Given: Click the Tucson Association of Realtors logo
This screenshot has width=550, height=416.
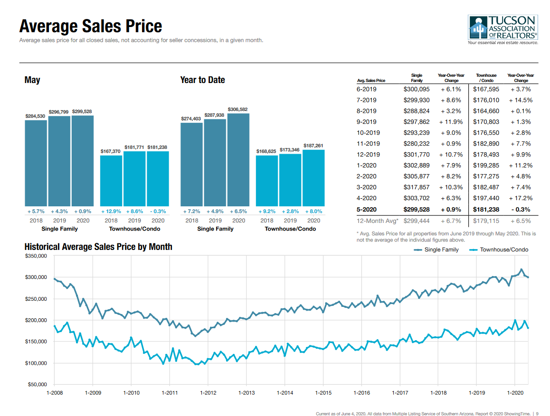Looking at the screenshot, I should [503, 29].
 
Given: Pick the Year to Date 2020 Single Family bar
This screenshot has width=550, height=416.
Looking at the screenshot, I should [238, 159].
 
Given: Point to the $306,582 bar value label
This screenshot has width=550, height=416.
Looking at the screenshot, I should [238, 110].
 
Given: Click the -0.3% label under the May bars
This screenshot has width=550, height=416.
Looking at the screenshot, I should [158, 211].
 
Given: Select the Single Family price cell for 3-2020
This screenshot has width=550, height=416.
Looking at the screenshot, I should [417, 187].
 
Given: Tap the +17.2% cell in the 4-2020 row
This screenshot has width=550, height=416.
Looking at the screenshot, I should [521, 198].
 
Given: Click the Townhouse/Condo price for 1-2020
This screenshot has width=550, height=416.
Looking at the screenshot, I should [486, 166].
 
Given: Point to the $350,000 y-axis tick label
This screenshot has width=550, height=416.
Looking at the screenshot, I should [36, 256].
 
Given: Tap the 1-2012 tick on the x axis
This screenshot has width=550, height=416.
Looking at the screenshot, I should [208, 393].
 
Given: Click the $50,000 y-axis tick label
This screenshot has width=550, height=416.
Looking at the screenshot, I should [38, 384].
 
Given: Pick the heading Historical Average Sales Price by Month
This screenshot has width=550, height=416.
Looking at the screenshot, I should [98, 247].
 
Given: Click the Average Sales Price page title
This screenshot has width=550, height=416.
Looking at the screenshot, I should [91, 26].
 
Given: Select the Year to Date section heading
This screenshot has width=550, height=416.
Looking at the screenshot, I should [202, 80].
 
